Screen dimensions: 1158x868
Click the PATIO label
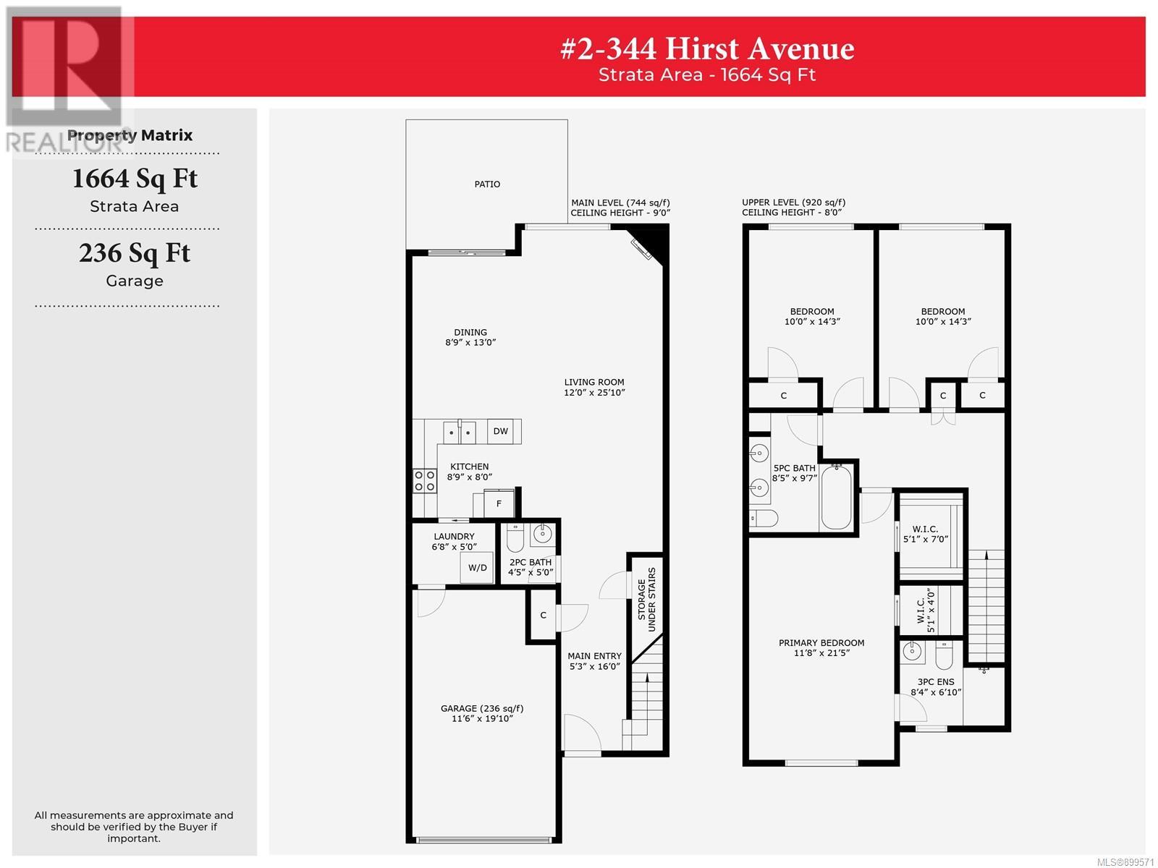pos(486,184)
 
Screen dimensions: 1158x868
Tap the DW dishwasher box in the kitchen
pos(500,431)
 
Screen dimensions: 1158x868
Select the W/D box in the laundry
pos(477,568)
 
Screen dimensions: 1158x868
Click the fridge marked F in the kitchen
pos(499,503)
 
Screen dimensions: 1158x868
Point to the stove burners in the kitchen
pos(425,480)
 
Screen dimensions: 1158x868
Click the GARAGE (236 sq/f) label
pos(482,708)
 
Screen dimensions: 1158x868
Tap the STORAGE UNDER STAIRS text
pos(646,599)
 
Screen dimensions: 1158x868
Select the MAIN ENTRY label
pos(595,656)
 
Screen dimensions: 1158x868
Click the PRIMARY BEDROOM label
pos(821,643)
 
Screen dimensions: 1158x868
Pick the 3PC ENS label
pos(936,682)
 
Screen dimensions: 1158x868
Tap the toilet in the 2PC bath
pos(515,537)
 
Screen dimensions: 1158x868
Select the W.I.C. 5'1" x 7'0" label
pos(926,534)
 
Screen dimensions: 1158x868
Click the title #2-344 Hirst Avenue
pos(707,49)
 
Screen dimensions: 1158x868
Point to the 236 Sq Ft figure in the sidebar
pos(135,253)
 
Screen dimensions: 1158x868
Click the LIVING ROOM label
pos(594,382)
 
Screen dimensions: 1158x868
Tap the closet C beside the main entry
pos(543,616)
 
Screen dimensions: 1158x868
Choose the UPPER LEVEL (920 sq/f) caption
pos(793,203)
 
